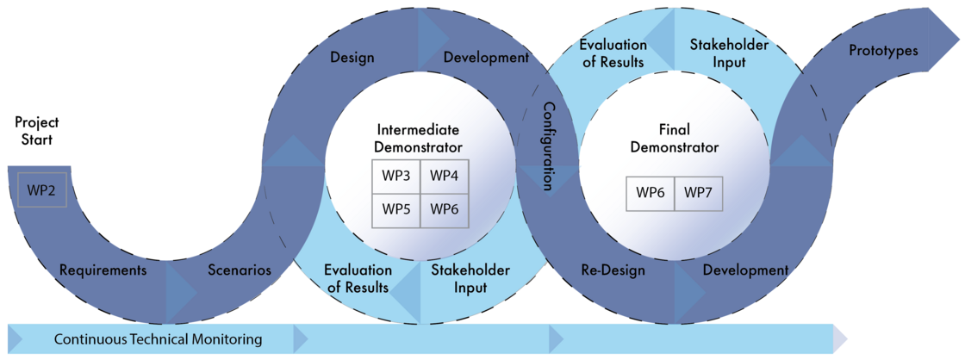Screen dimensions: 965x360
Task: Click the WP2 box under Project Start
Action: [42, 189]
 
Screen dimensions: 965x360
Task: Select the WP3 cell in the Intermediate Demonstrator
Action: [396, 176]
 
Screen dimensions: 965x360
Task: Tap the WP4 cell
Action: [445, 176]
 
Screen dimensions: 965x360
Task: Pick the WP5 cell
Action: [396, 207]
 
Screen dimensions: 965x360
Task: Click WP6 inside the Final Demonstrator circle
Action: [651, 193]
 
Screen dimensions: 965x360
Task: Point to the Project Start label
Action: [34, 130]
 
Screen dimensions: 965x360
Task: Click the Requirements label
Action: [103, 270]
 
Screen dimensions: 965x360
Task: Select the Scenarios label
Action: [240, 270]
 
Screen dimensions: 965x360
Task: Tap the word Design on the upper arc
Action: [352, 58]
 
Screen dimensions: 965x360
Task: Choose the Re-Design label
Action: [613, 270]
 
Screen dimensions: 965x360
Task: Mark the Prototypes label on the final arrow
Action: [884, 51]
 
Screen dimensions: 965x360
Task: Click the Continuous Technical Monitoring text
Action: [159, 339]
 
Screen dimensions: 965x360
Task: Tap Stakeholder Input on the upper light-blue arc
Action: [718, 53]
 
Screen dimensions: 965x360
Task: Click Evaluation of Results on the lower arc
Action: [358, 279]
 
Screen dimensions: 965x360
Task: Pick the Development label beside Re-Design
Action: [745, 270]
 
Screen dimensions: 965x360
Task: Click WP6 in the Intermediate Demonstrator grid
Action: [445, 207]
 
